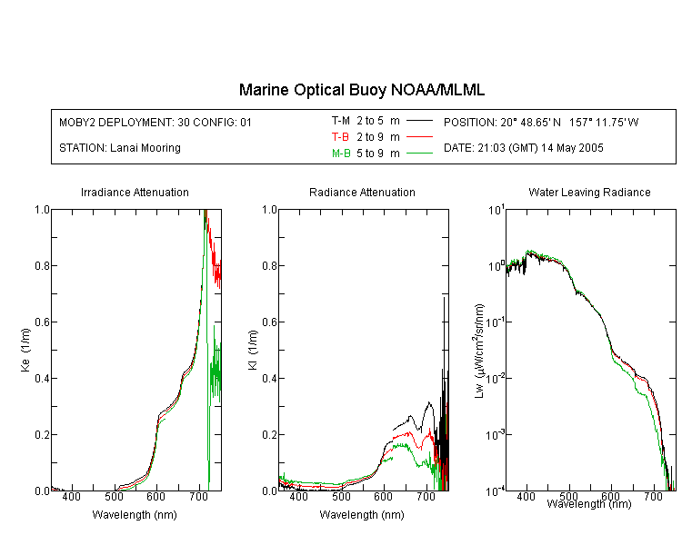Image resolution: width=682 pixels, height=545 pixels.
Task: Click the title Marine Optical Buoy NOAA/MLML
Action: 361,90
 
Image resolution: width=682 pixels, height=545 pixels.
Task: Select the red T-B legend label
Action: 340,137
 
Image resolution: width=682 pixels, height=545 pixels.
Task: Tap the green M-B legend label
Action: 341,154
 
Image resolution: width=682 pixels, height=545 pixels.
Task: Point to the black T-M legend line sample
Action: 419,121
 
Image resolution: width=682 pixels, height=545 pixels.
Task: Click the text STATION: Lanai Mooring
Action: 120,148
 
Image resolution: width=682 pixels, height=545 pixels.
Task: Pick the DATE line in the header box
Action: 523,148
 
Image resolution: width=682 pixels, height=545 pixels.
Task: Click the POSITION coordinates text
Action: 541,123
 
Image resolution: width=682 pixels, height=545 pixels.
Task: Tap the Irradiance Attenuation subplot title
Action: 135,192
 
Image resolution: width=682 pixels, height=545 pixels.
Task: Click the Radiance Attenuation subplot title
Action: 362,192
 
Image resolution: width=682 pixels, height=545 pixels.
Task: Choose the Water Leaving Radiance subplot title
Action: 589,192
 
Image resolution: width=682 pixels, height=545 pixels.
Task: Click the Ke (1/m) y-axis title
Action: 25,351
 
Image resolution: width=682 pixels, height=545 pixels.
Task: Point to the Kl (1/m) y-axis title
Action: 253,351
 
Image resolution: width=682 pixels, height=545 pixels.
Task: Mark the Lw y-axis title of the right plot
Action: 479,351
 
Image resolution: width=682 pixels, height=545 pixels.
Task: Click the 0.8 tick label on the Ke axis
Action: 42,265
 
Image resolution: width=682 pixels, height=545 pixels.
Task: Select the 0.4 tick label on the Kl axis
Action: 269,379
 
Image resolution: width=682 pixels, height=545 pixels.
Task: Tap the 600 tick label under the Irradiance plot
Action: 156,497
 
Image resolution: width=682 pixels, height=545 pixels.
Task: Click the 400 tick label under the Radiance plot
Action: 299,497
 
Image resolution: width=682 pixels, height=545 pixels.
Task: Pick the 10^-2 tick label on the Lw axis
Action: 496,378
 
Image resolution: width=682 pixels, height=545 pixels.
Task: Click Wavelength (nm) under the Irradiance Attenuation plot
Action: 135,515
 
